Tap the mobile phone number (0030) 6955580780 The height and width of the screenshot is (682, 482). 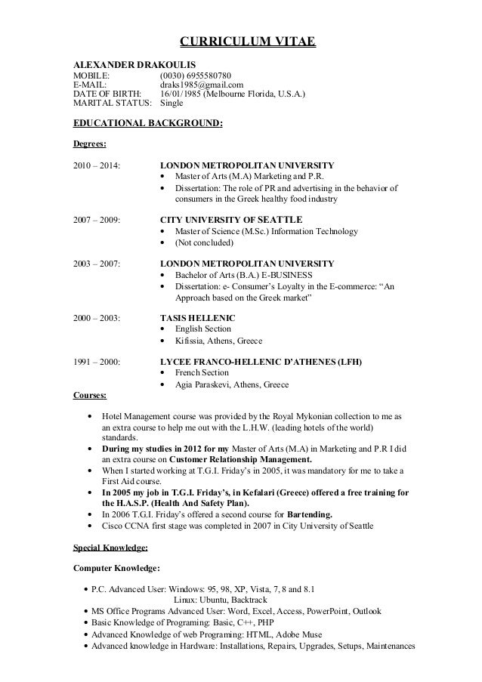(201, 76)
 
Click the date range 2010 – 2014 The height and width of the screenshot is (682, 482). (96, 165)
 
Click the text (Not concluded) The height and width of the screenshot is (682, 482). (204, 243)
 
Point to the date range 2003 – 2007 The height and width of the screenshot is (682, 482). (96, 264)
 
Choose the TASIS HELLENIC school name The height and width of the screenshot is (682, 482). (199, 318)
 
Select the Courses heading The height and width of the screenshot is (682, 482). (89, 394)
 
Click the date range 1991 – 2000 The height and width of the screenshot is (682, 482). (96, 362)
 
